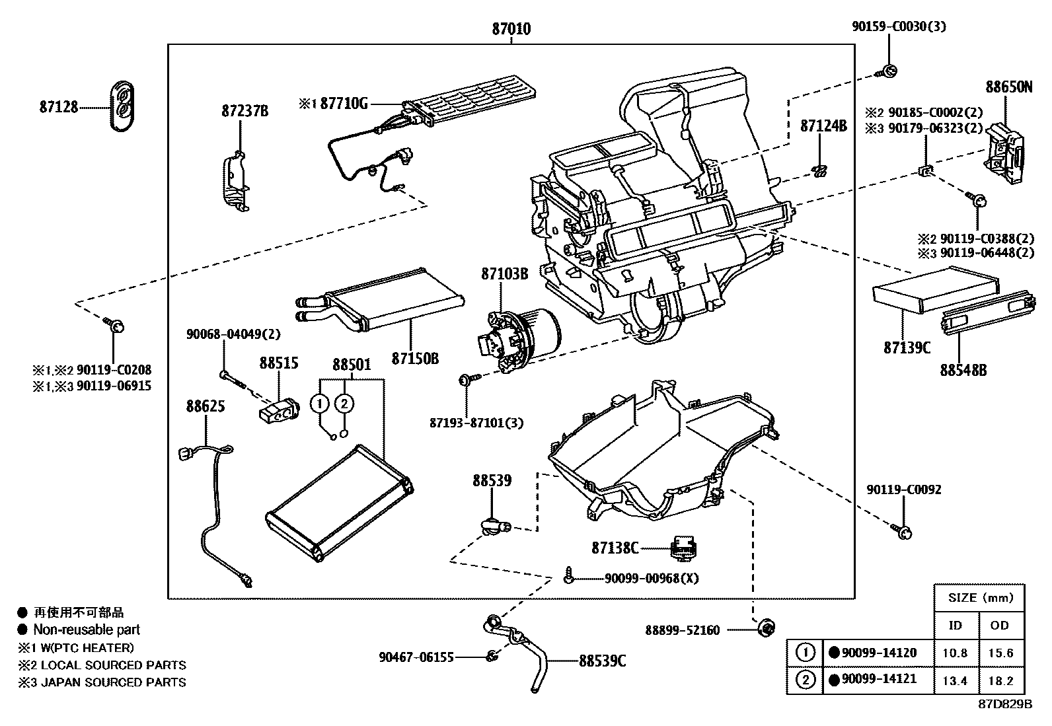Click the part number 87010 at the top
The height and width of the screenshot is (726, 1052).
[511, 29]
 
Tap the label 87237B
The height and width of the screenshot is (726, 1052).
[244, 111]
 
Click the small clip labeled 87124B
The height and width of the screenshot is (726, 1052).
[819, 171]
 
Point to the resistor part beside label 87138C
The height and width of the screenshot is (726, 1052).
[685, 548]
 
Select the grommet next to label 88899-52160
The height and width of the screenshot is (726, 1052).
[767, 628]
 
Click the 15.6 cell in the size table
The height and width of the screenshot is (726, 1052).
[1000, 653]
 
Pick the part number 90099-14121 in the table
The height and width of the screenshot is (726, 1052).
[879, 679]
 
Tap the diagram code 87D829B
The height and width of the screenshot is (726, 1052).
[1005, 704]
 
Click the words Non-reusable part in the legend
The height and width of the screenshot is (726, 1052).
[87, 630]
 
